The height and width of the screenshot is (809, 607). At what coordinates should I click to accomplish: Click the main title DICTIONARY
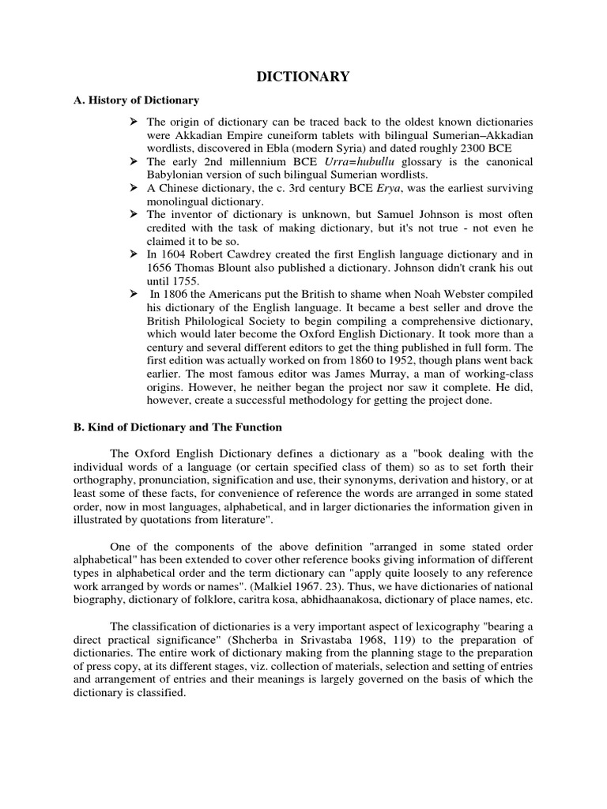coord(303,77)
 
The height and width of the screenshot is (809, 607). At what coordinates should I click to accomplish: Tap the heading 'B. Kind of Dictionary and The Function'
coord(172,427)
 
